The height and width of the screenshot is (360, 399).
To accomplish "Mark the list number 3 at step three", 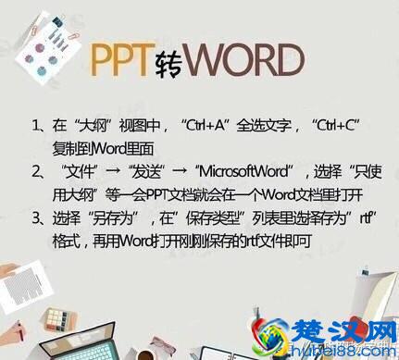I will [36, 220].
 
